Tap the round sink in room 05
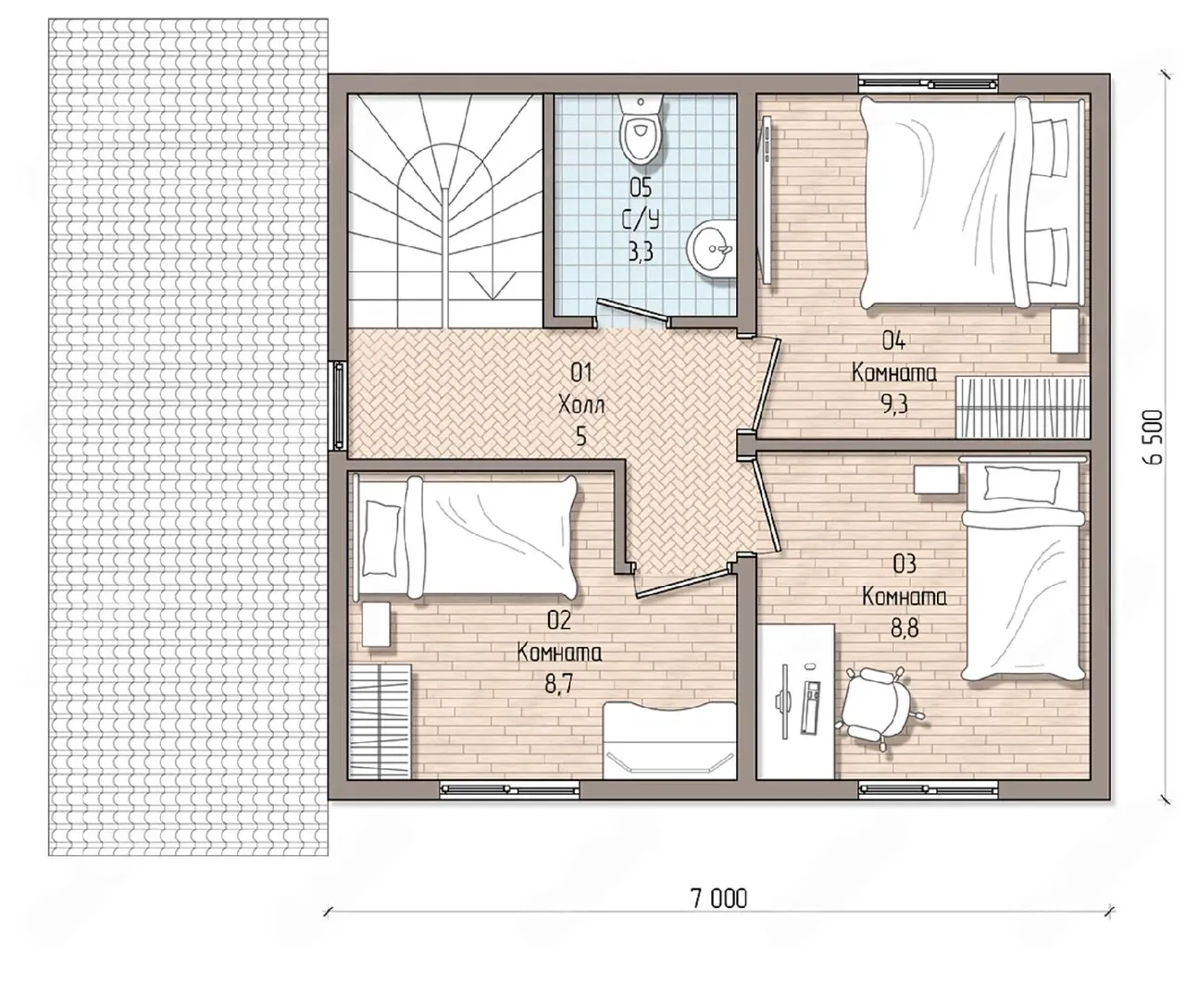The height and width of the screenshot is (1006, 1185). (711, 251)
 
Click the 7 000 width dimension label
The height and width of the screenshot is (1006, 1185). (719, 899)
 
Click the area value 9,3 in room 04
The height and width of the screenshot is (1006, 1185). (893, 404)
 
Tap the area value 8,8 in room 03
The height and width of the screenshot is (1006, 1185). (904, 628)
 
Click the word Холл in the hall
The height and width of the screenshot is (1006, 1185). (581, 406)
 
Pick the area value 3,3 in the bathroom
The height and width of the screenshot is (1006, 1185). (641, 253)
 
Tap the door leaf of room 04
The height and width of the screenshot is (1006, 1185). (767, 384)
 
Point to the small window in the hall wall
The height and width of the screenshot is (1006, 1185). (338, 405)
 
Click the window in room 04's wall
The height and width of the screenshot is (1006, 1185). (929, 83)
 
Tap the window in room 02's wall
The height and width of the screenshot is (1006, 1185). (510, 789)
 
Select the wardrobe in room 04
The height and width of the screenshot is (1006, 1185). (1022, 407)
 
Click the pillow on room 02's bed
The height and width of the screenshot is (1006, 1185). (380, 537)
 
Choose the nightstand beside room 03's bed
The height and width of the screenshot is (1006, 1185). (937, 479)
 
